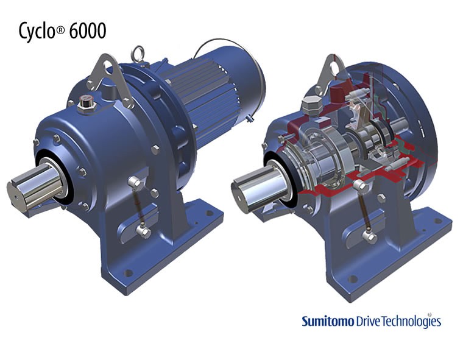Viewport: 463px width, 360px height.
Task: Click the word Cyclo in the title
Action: coord(37,31)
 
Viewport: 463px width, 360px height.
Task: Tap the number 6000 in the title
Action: coord(87,30)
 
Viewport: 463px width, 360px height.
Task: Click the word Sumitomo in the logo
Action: coord(328,321)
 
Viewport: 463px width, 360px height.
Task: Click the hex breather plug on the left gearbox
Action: coord(86,104)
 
